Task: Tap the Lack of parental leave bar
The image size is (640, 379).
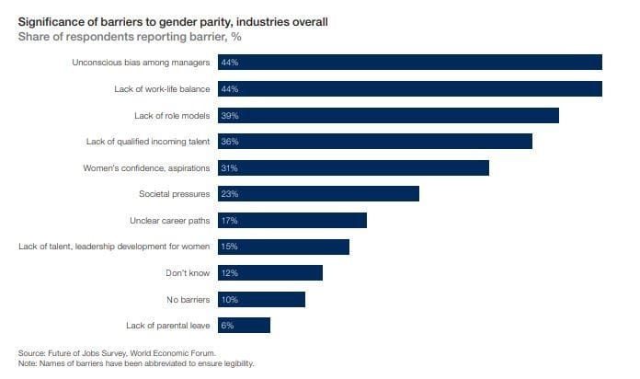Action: (243, 326)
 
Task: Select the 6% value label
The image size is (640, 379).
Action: (226, 326)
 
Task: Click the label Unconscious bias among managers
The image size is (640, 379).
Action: (141, 63)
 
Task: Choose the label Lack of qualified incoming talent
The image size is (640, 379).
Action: (148, 142)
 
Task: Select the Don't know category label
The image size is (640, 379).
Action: (189, 273)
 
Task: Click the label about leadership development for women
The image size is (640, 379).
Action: (114, 247)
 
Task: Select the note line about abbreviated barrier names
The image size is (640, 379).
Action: (135, 363)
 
